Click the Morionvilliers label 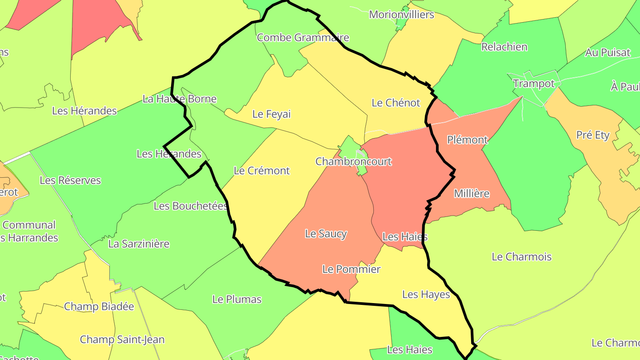401,15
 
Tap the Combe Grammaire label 303,37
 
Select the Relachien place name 504,47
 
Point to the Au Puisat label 608,52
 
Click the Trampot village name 534,84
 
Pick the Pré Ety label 593,135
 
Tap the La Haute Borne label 180,99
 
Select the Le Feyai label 272,114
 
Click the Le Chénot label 396,103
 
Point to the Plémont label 468,140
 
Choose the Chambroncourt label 354,161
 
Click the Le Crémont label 262,171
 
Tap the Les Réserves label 70,180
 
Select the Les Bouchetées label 191,206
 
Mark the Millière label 472,193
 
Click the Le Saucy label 326,234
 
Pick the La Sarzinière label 139,244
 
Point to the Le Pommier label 351,269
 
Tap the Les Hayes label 426,294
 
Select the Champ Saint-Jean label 122,340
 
